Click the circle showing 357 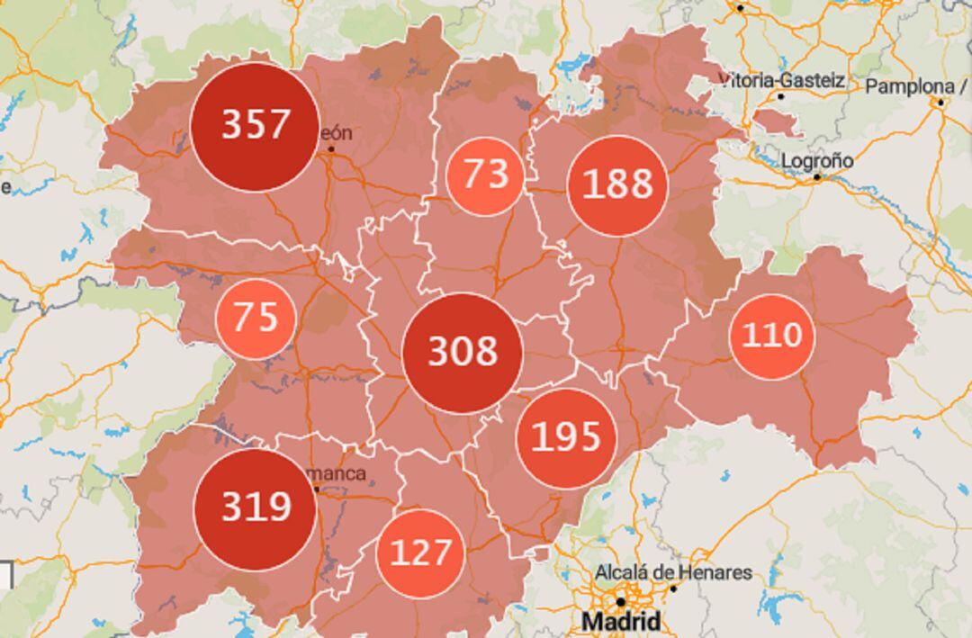(256, 126)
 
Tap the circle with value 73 (484, 175)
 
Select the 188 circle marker (617, 185)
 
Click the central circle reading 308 (463, 353)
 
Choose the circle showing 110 (771, 337)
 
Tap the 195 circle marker (566, 438)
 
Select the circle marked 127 (420, 553)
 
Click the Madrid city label (621, 622)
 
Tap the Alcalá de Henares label (673, 572)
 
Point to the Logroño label (817, 161)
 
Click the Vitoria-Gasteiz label (782, 81)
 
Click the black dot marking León (331, 148)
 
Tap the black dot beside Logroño (817, 177)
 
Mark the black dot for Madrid (620, 601)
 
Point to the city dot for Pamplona (940, 102)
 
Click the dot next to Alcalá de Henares (672, 589)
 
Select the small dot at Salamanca (317, 490)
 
